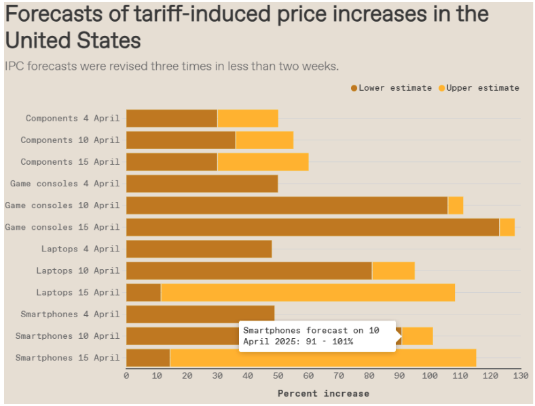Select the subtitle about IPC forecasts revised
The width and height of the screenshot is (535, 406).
coord(172,66)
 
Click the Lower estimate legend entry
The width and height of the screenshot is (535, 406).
coord(390,88)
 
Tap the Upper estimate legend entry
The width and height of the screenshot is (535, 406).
coord(479,88)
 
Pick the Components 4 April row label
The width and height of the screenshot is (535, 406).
coord(72,118)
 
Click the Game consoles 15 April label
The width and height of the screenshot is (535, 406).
coord(62,227)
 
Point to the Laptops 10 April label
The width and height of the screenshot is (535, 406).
coord(77,270)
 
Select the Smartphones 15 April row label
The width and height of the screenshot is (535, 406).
coord(67,357)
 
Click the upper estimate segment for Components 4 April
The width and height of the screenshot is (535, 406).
coord(248,118)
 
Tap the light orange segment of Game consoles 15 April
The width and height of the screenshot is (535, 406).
coord(506,227)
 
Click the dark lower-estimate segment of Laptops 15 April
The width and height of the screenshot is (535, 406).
coord(143,292)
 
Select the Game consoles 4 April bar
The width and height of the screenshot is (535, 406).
coord(202,184)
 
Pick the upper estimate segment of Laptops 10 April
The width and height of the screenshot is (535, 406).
coord(393,270)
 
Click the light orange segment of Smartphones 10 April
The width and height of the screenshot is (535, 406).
coord(417,336)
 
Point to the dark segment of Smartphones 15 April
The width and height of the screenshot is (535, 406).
coord(148,357)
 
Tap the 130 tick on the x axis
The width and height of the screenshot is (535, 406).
coord(520,375)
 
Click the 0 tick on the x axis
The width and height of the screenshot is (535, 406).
coord(127,375)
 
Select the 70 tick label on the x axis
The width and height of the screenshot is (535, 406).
coord(339,375)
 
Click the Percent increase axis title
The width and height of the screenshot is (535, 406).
coord(323,393)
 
